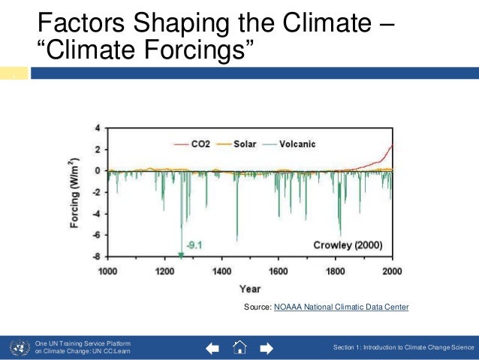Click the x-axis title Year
point(249,288)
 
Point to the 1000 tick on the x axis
point(107,270)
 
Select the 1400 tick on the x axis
point(221,270)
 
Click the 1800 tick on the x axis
point(335,270)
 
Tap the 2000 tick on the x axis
point(391,270)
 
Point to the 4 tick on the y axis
point(97,128)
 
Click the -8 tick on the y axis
point(95,256)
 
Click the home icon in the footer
point(239,347)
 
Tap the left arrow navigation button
point(212,348)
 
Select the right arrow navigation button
point(265,348)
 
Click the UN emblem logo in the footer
point(17,347)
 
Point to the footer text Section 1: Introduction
point(404,347)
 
